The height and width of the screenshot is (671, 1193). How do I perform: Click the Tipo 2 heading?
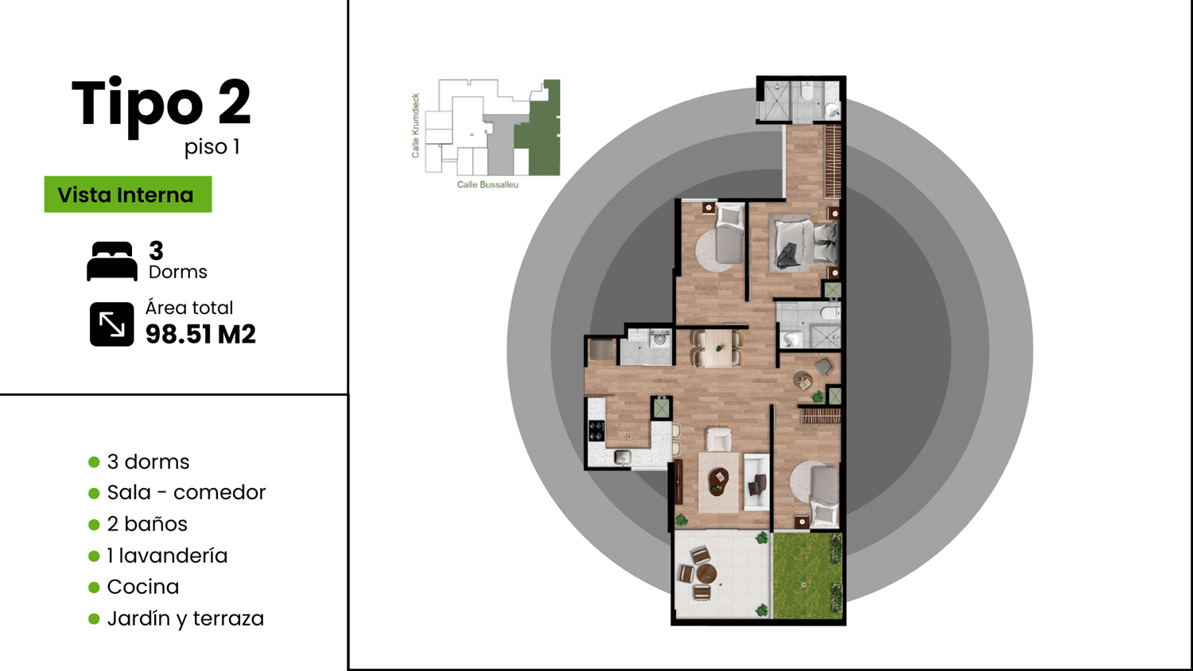tap(161, 104)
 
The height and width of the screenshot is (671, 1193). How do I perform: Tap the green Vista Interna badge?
tap(128, 194)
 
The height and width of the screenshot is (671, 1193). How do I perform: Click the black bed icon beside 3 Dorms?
tap(112, 261)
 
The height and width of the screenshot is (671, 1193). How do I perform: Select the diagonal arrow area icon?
tap(112, 324)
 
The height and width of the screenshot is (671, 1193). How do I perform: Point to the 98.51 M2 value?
tap(200, 335)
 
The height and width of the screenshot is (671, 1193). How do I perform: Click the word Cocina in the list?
tap(142, 587)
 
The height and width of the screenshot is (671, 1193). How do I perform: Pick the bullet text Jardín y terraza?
tap(185, 619)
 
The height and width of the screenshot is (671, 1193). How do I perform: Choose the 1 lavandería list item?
tap(167, 556)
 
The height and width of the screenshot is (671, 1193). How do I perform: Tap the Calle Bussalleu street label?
tap(488, 184)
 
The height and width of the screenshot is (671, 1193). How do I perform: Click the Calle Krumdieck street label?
tap(415, 126)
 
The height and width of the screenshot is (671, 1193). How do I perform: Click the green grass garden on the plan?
tap(807, 576)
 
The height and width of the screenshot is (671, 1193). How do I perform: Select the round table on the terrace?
tap(706, 574)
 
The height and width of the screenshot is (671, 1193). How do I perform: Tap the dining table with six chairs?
tap(717, 348)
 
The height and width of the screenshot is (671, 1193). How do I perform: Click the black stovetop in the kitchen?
tap(596, 430)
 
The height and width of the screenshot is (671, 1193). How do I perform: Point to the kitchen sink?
tap(623, 457)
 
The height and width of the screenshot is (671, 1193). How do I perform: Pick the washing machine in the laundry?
tap(659, 339)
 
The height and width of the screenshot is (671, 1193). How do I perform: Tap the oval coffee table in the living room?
tap(718, 482)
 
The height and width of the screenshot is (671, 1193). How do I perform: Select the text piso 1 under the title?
tap(212, 147)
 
